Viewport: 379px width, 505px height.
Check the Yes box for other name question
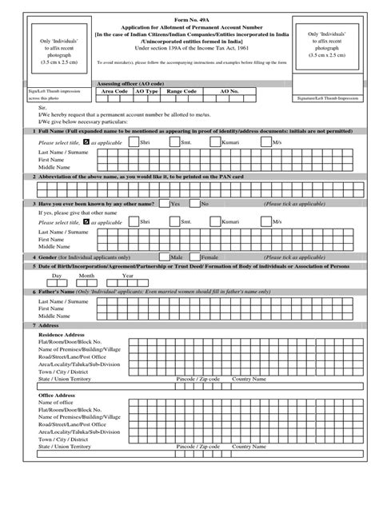pos(164,204)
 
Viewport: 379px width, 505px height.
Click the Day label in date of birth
pos(58,275)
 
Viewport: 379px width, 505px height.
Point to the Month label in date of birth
pos(86,275)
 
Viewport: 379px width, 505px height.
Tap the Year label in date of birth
pos(127,275)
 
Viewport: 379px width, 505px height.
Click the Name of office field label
pos(58,402)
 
